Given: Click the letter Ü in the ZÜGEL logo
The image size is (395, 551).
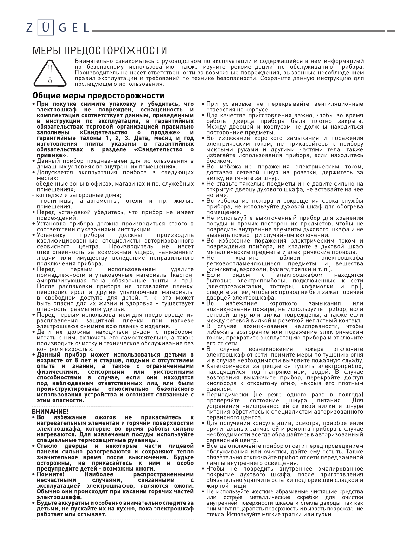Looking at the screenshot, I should pyautogui.click(x=46, y=28).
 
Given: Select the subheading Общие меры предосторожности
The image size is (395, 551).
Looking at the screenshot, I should pyautogui.click(x=99, y=96).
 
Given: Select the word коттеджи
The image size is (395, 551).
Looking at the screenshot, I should pyautogui.click(x=48, y=195).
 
